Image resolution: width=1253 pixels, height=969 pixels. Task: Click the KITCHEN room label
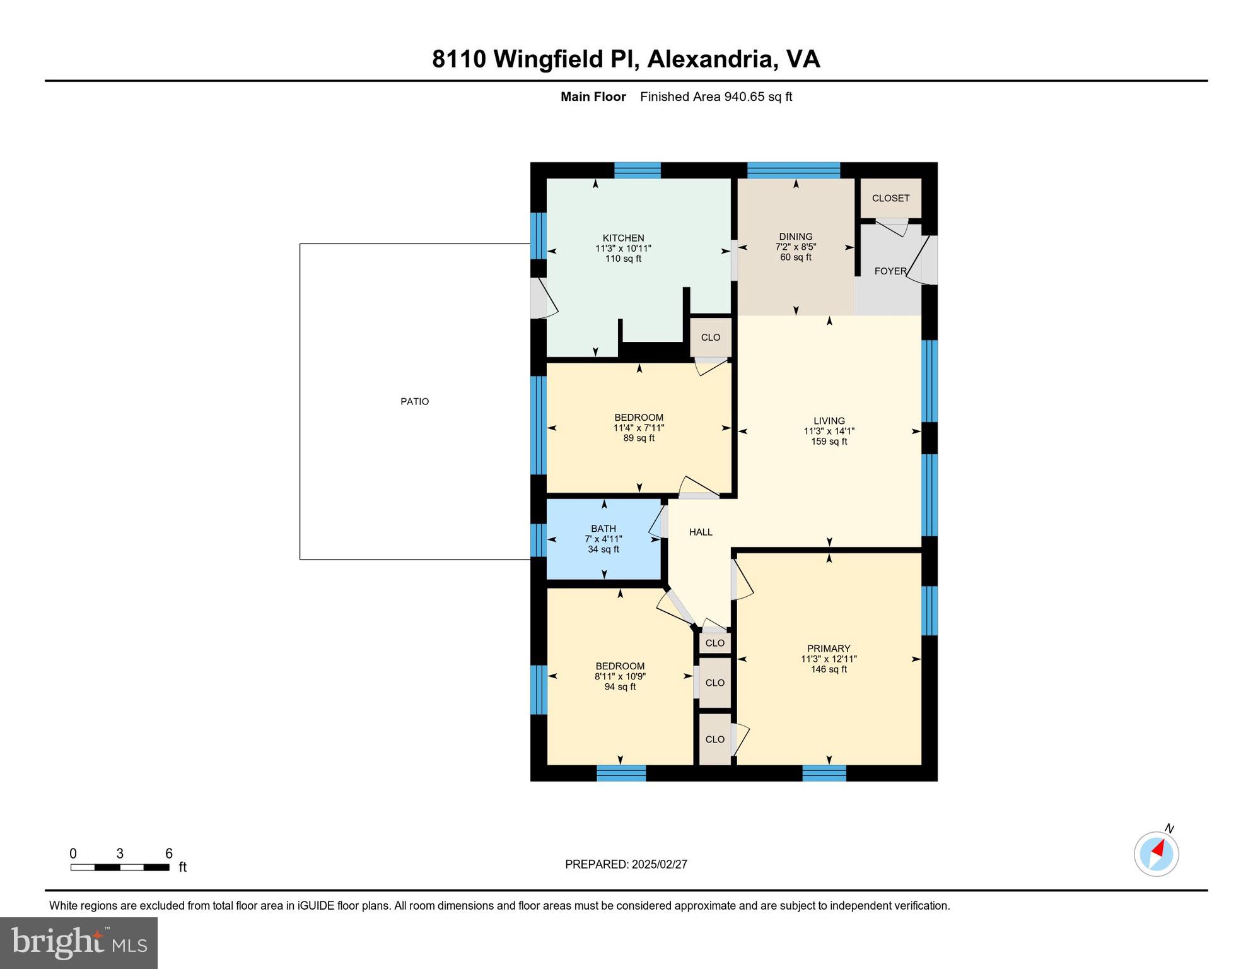(x=623, y=238)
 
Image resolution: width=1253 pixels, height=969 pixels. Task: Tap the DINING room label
(x=795, y=237)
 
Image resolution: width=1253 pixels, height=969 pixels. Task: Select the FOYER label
(x=890, y=271)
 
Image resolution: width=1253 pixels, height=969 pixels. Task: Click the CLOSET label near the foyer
(x=890, y=198)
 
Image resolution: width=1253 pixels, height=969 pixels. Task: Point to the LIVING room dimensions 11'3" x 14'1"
(x=829, y=432)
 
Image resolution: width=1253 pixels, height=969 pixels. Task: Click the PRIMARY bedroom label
(x=828, y=649)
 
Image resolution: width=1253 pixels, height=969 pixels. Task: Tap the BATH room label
(x=603, y=529)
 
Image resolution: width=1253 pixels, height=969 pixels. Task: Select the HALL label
(x=700, y=532)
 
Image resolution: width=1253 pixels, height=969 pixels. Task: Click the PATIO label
(x=414, y=402)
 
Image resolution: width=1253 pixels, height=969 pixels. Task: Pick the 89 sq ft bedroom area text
(x=638, y=438)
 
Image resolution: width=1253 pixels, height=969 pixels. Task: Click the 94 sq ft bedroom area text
(x=619, y=687)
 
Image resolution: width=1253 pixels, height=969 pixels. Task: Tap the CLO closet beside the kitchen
(x=710, y=338)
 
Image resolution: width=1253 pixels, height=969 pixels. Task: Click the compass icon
(x=1156, y=854)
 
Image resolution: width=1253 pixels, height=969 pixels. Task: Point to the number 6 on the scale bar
(x=168, y=854)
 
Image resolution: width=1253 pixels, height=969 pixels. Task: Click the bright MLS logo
(x=79, y=943)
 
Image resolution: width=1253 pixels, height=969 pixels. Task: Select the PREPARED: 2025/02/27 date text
(x=626, y=864)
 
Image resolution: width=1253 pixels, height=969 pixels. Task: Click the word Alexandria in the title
(x=711, y=59)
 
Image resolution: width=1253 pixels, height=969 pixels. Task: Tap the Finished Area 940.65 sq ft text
(x=716, y=97)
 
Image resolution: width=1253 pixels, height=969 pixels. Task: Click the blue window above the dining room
(x=793, y=170)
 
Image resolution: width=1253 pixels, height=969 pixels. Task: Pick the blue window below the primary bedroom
(x=824, y=773)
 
